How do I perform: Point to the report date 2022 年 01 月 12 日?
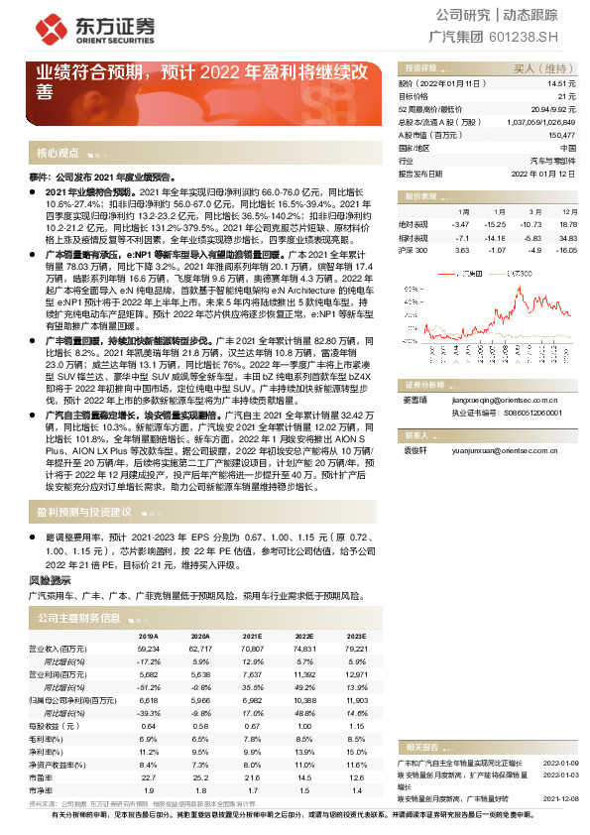point(543,173)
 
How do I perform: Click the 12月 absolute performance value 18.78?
point(568,225)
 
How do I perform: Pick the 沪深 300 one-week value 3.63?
point(463,251)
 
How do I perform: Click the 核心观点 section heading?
point(58,153)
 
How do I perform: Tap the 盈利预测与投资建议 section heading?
point(84,512)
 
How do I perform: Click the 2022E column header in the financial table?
point(304,636)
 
